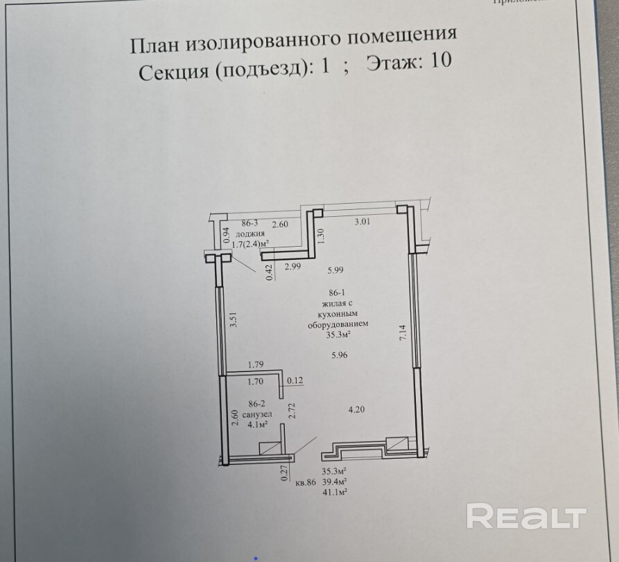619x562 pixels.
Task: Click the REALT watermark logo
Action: (526, 517)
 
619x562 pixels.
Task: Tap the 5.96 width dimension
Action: (339, 355)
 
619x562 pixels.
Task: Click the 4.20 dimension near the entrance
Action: (356, 409)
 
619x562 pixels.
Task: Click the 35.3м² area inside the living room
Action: (338, 334)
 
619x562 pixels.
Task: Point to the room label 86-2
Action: (257, 403)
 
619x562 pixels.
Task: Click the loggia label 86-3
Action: (250, 223)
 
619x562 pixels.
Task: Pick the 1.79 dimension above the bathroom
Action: (257, 364)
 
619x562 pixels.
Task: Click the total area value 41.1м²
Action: (335, 491)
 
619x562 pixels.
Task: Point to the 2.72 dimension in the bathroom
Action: (293, 410)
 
